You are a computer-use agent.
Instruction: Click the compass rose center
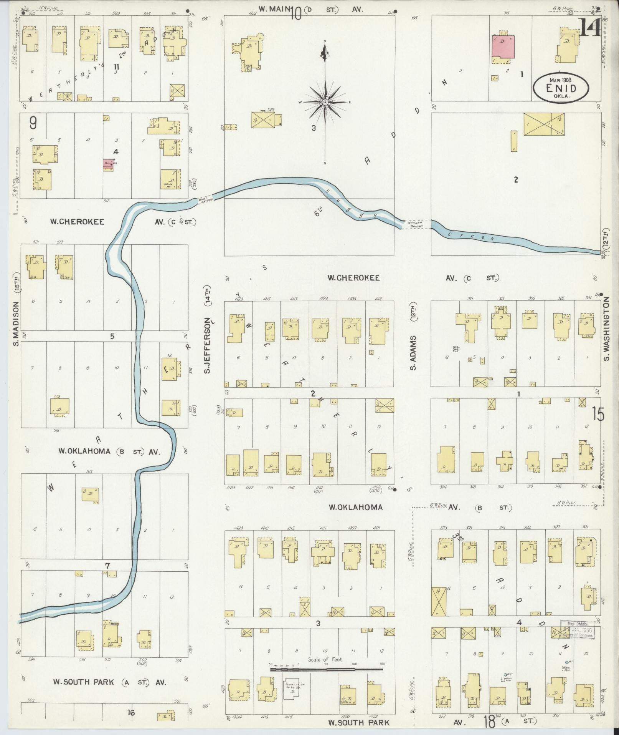point(325,102)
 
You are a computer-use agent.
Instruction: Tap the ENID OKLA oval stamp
point(560,88)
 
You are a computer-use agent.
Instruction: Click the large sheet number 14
point(590,28)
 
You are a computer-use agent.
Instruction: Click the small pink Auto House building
point(108,163)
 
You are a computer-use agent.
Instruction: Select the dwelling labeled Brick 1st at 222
point(170,179)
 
